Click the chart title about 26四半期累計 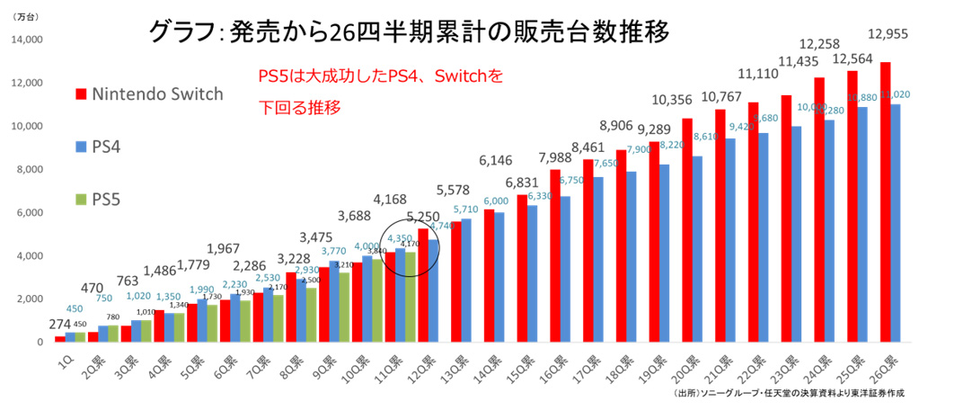[410, 33]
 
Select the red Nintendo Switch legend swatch [79, 94]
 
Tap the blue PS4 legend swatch [79, 146]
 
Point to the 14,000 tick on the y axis [29, 40]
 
